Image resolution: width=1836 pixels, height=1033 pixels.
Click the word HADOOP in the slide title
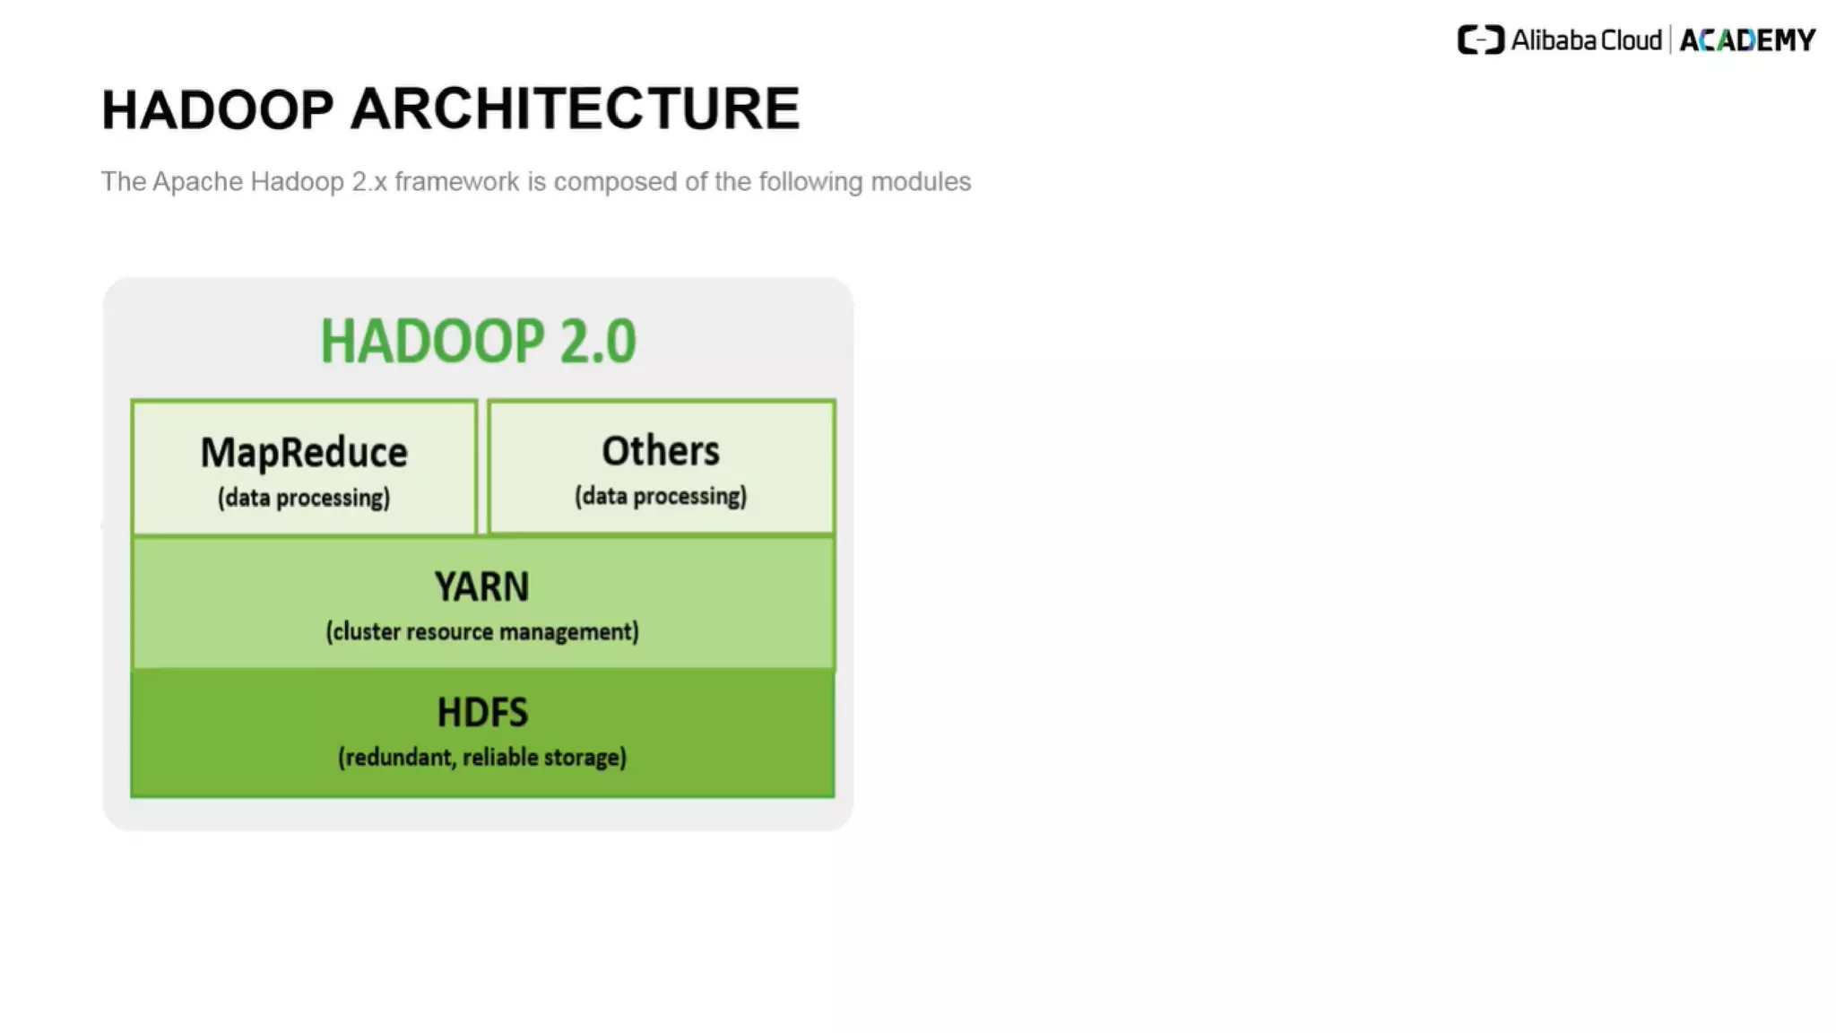(x=218, y=110)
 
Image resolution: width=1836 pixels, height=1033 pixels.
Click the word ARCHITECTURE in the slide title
(x=575, y=110)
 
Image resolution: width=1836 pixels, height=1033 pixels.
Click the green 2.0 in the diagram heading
(x=598, y=342)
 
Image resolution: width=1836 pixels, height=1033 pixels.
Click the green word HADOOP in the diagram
(x=432, y=342)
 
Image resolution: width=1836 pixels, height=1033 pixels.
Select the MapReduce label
(x=304, y=453)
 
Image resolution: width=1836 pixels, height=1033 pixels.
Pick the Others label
(x=661, y=451)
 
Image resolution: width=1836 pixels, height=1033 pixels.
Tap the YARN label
(x=482, y=587)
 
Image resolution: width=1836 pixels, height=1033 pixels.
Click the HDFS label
(x=482, y=713)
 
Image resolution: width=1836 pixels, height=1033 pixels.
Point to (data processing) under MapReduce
(x=304, y=498)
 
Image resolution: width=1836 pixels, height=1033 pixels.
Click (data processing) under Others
(x=661, y=496)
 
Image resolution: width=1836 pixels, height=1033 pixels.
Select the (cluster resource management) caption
(x=482, y=631)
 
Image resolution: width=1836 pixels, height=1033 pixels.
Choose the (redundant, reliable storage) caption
(x=482, y=757)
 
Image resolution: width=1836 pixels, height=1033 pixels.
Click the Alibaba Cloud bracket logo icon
(x=1480, y=40)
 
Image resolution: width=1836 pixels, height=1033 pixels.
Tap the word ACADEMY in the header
(x=1747, y=40)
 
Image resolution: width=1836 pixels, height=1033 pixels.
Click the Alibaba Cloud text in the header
(x=1586, y=40)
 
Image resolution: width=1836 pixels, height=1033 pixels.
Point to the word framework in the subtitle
(x=457, y=182)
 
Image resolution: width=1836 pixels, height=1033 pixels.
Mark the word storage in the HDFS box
(x=585, y=757)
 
